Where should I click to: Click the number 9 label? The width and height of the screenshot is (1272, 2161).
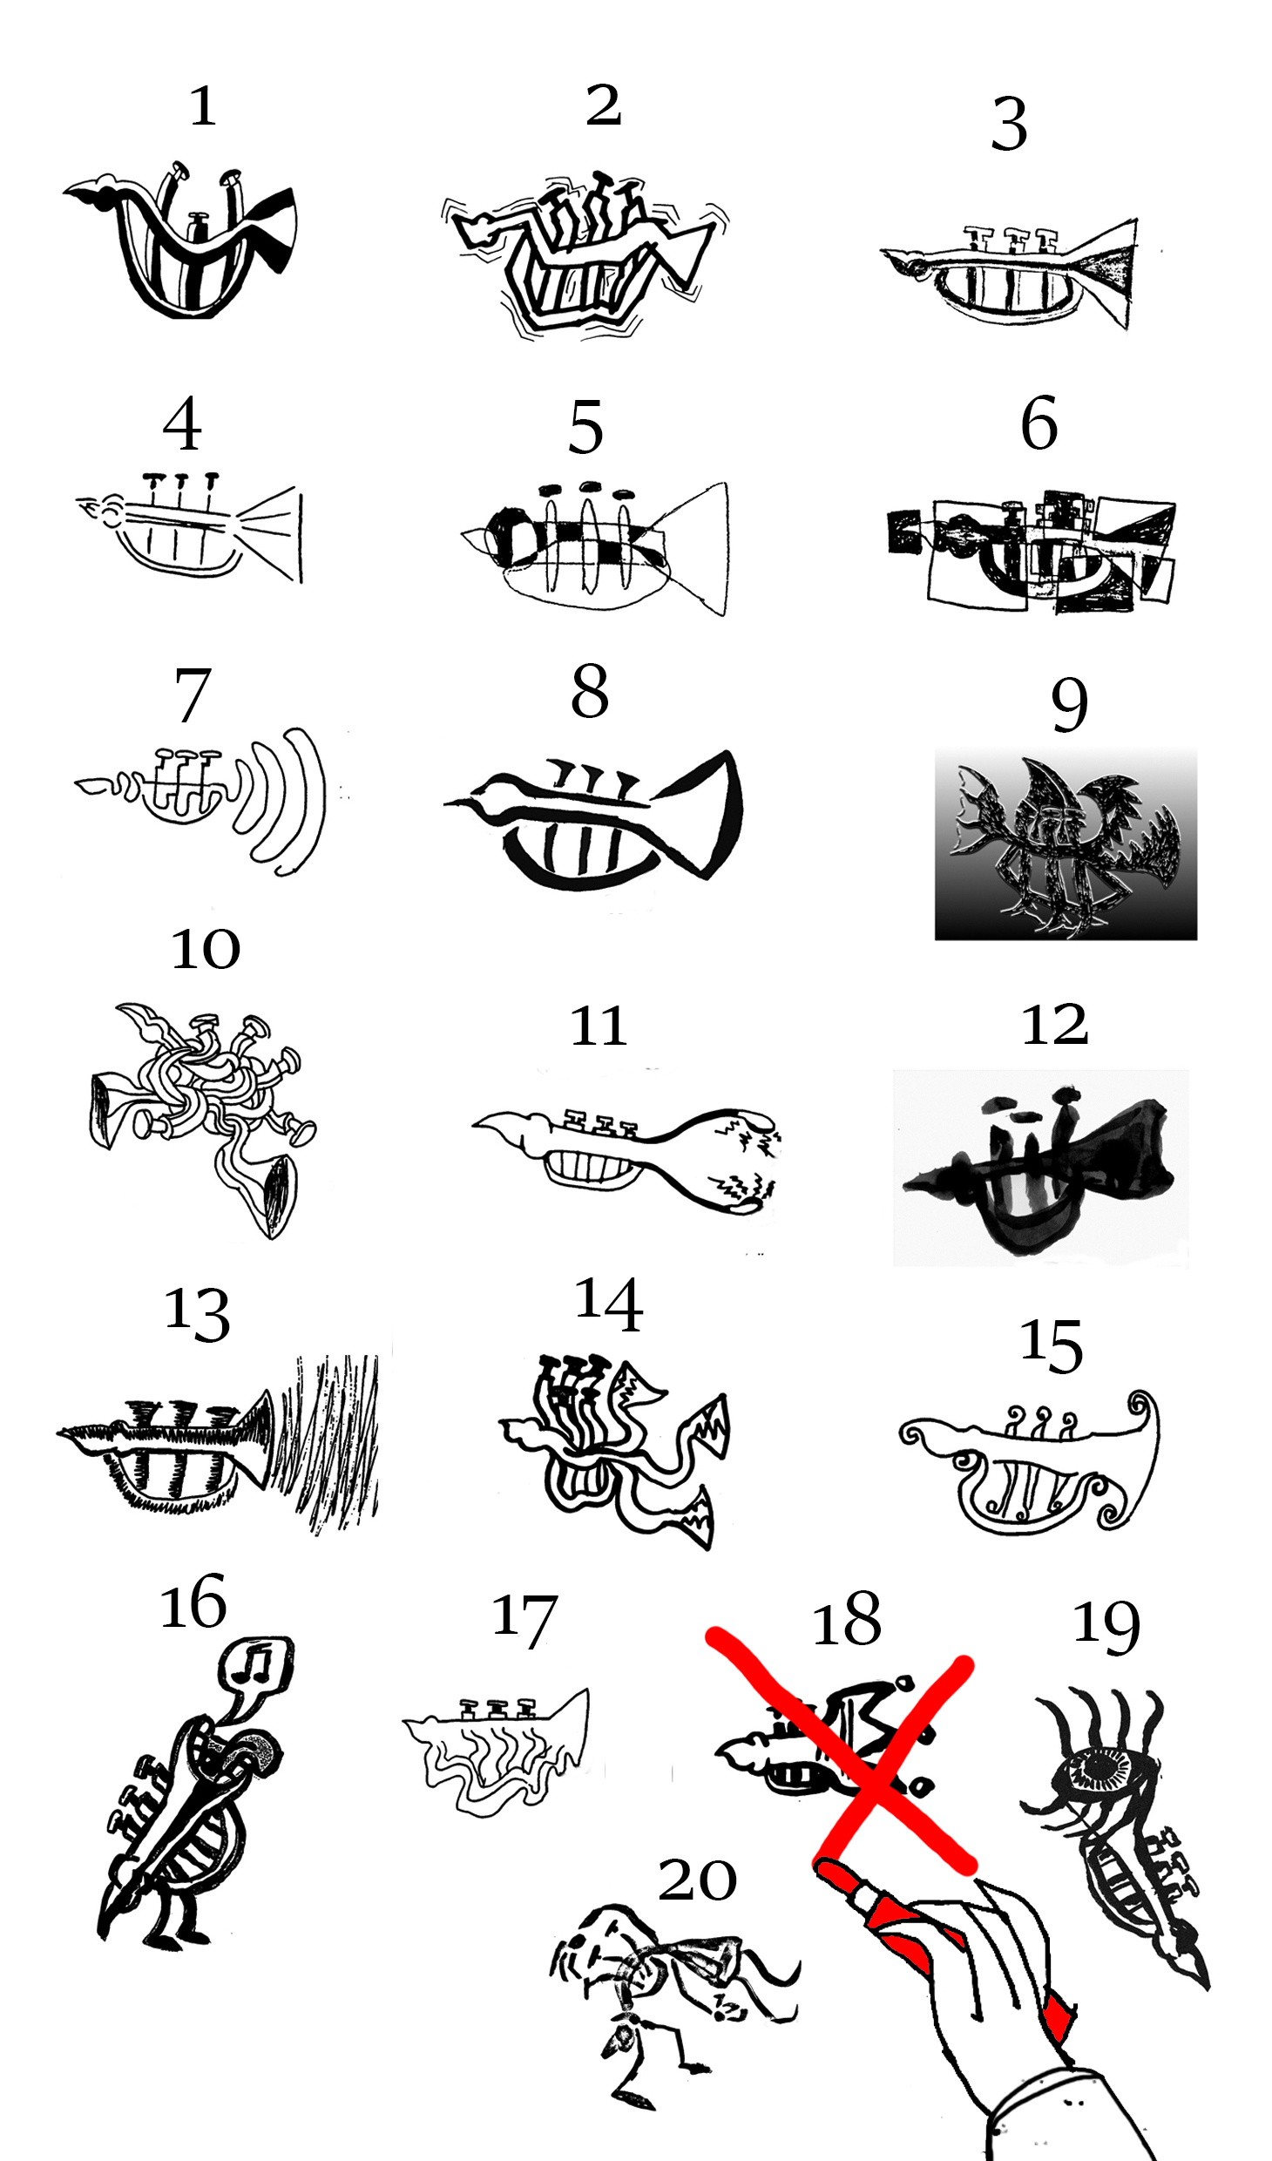point(1069,704)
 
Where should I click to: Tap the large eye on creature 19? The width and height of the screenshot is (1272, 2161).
point(1100,1768)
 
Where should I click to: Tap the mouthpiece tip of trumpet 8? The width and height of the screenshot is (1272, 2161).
point(448,802)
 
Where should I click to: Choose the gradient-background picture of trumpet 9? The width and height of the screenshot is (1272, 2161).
point(1066,843)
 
